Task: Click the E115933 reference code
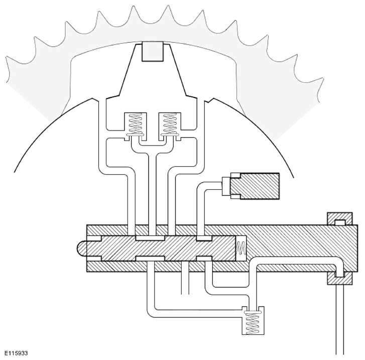(x=16, y=353)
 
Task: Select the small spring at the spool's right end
(x=241, y=248)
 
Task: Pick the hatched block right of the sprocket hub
(x=255, y=186)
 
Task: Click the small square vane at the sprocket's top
(x=153, y=51)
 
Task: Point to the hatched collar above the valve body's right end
(x=339, y=218)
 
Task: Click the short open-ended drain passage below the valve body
(x=185, y=278)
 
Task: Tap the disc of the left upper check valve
(x=135, y=135)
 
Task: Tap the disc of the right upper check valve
(x=170, y=135)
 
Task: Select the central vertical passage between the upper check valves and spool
(x=152, y=193)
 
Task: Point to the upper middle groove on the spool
(x=150, y=238)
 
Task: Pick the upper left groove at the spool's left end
(x=94, y=238)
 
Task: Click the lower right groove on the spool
(x=204, y=259)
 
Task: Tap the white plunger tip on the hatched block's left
(x=226, y=186)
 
